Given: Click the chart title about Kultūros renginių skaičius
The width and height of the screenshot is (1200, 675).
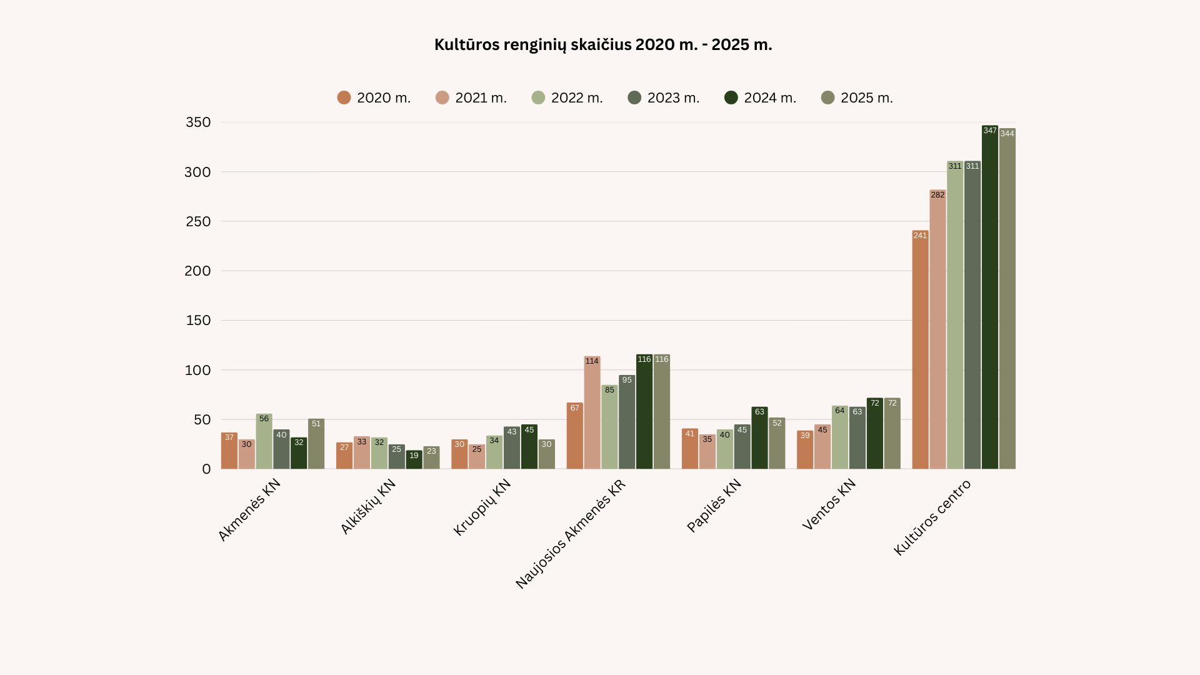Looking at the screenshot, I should click(603, 45).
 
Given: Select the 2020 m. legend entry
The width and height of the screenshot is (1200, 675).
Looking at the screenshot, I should click(374, 98).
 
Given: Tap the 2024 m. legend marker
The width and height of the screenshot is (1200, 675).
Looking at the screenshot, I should click(731, 98).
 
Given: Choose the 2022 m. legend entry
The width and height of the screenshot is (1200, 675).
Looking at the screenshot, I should click(567, 98).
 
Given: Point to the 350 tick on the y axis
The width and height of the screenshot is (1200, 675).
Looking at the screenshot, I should click(198, 122).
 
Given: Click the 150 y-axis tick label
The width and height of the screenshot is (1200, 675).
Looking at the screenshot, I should click(198, 321).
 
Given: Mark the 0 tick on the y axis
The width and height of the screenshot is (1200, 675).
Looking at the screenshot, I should click(206, 469).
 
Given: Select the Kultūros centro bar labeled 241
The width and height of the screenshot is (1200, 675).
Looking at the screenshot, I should click(920, 350).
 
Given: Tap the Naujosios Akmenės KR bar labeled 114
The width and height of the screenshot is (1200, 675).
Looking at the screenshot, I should click(592, 413).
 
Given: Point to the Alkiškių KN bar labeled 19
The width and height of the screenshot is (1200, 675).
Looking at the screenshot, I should click(414, 460).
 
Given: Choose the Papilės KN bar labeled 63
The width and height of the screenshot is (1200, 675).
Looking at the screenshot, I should click(759, 438).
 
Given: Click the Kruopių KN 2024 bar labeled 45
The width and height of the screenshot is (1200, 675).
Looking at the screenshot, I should click(529, 447).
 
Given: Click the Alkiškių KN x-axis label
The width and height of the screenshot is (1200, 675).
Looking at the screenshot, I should click(368, 507).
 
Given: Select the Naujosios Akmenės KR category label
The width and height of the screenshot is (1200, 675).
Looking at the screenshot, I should click(570, 535).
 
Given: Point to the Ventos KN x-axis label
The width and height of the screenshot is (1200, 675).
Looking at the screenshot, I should click(829, 505).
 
